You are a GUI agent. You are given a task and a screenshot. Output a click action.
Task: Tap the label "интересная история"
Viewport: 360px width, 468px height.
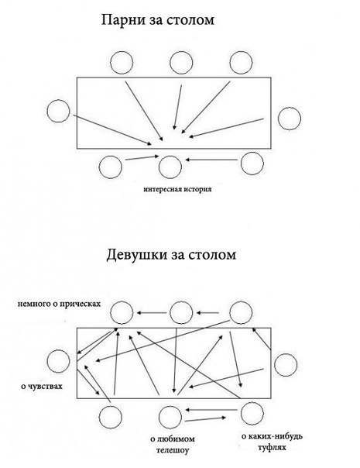pos(177,188)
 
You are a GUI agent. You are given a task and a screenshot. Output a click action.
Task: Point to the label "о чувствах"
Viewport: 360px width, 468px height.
pos(42,385)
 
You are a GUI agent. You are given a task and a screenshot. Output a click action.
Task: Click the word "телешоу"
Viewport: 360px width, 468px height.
pos(171,449)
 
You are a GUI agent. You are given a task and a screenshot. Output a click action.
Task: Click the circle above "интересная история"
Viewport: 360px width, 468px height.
pos(170,164)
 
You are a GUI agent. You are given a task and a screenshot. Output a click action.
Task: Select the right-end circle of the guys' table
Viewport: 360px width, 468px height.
pos(290,118)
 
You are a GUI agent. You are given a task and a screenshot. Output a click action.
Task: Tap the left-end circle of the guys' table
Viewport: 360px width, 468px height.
pos(58,112)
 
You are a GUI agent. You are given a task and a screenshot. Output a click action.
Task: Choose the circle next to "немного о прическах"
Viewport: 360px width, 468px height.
pos(121,313)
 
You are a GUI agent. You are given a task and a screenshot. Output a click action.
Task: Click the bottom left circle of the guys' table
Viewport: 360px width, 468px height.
pos(112,164)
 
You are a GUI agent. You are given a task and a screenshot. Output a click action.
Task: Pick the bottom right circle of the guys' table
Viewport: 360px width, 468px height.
pos(252,162)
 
